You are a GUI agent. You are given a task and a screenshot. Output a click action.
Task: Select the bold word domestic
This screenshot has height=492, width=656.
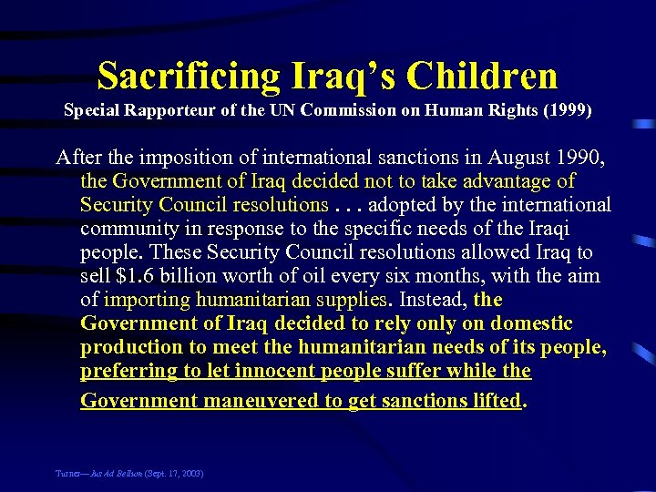pos(531,323)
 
